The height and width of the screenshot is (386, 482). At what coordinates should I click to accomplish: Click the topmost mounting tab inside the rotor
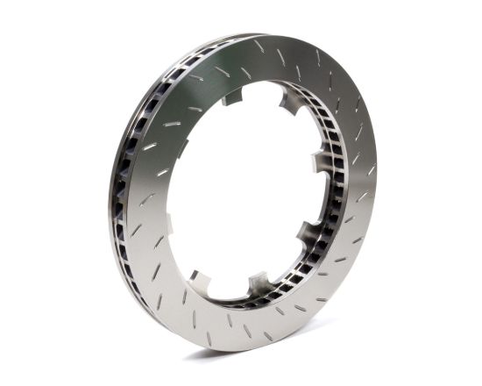point(232,96)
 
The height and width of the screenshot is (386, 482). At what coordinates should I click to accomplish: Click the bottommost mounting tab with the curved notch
point(259,282)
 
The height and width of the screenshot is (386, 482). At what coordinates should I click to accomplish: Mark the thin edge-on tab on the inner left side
point(168,224)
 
